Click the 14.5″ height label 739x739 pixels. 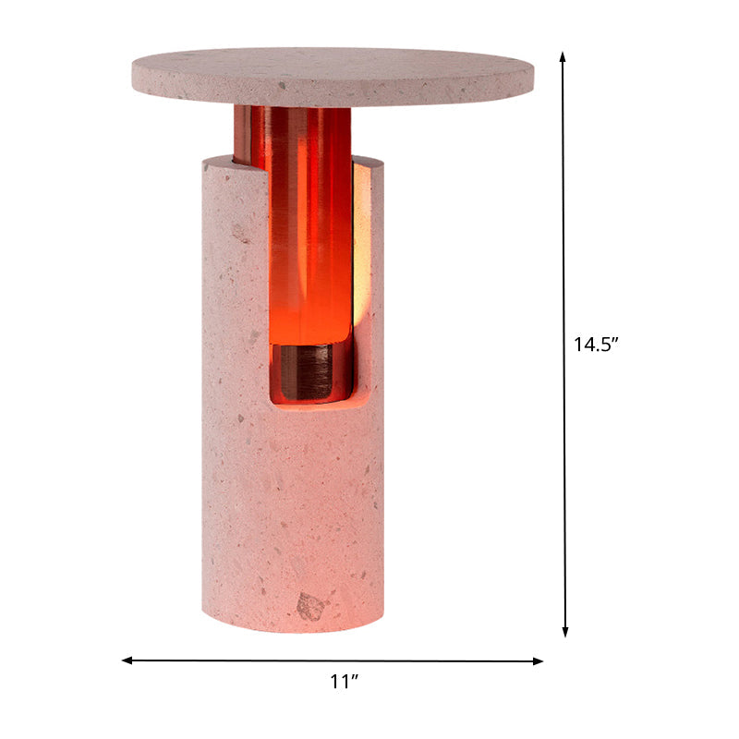pos(595,345)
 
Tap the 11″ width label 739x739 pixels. pos(344,683)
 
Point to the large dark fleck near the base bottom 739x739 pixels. pos(312,606)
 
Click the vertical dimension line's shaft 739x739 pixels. pos(564,231)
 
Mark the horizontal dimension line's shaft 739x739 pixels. pos(277,660)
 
